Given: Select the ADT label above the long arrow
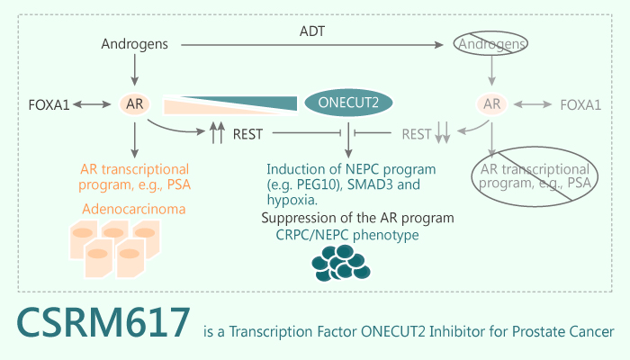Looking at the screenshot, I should (x=314, y=31).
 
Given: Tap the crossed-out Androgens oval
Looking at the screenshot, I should (x=491, y=43).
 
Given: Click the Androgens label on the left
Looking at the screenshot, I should (x=133, y=43).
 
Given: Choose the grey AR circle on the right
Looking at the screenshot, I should (x=492, y=104).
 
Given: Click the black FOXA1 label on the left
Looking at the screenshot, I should (x=49, y=105).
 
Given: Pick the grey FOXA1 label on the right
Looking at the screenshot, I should (x=580, y=105).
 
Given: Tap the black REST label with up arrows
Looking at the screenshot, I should (x=247, y=135).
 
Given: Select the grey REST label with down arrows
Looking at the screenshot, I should (x=417, y=135).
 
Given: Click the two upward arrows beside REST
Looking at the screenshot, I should (x=216, y=134).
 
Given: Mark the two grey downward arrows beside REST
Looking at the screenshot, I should (x=442, y=134).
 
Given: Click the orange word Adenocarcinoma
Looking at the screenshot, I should (x=135, y=210).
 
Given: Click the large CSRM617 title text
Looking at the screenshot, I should (x=103, y=323).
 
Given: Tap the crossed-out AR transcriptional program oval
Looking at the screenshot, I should (x=533, y=177).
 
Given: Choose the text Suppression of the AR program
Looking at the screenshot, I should (x=357, y=218).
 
